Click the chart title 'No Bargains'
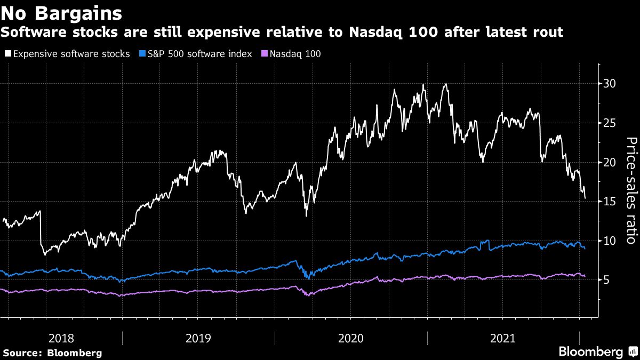(x=61, y=12)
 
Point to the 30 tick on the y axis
(x=610, y=84)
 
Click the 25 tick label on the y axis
(x=610, y=123)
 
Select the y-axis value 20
(x=610, y=162)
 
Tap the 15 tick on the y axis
(x=610, y=202)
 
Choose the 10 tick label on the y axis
(x=610, y=241)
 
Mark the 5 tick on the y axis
(x=607, y=280)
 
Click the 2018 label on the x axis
(x=61, y=338)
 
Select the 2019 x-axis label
(x=198, y=338)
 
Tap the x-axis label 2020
(x=351, y=338)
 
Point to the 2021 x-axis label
(x=503, y=338)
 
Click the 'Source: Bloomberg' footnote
(x=52, y=353)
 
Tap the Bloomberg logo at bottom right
(x=597, y=351)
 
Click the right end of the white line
(x=585, y=198)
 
